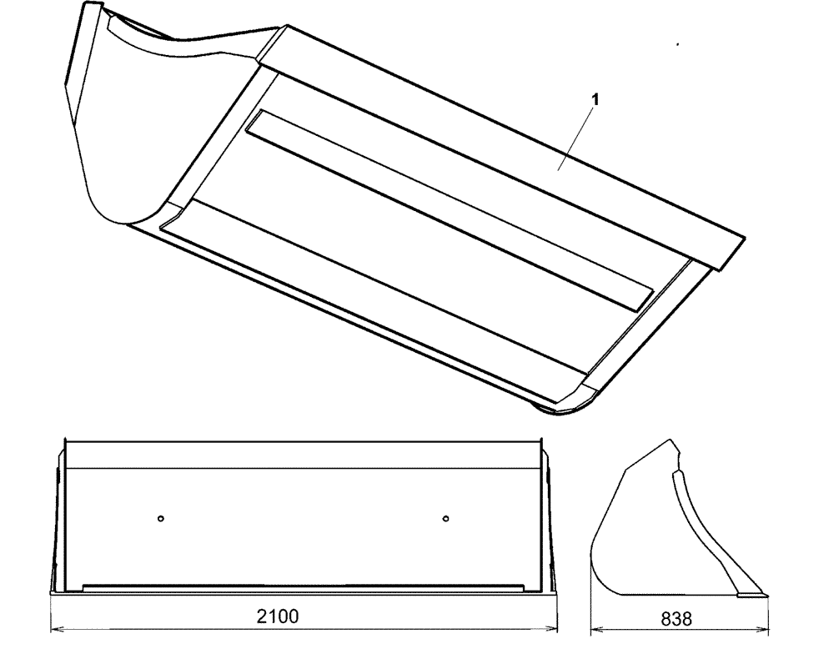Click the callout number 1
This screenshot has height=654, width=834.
(594, 99)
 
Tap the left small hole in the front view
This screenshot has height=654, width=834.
(161, 519)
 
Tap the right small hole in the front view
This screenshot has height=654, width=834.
(446, 519)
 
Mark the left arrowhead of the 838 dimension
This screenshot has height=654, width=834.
(594, 627)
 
